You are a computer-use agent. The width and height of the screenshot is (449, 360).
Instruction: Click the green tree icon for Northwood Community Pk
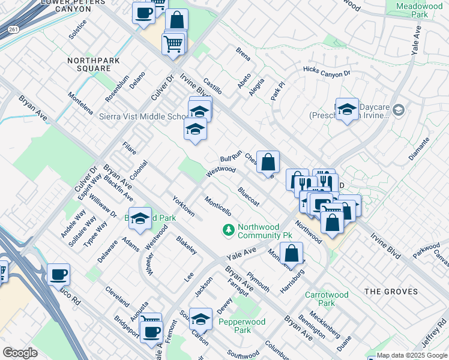coord(228,229)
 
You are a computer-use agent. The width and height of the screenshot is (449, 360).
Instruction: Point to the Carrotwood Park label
coord(327,299)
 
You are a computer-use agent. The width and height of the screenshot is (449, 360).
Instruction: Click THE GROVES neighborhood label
coord(391,292)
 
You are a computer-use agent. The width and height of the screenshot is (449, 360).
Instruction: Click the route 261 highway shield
coord(12,28)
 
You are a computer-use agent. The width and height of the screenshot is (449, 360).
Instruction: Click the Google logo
coord(20,352)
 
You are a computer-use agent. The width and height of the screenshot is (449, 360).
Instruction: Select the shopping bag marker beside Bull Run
coord(268,161)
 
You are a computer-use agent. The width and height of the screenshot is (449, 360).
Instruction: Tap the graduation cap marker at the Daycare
coord(347,109)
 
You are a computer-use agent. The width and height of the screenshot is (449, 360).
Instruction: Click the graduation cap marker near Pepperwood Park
coord(201,320)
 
